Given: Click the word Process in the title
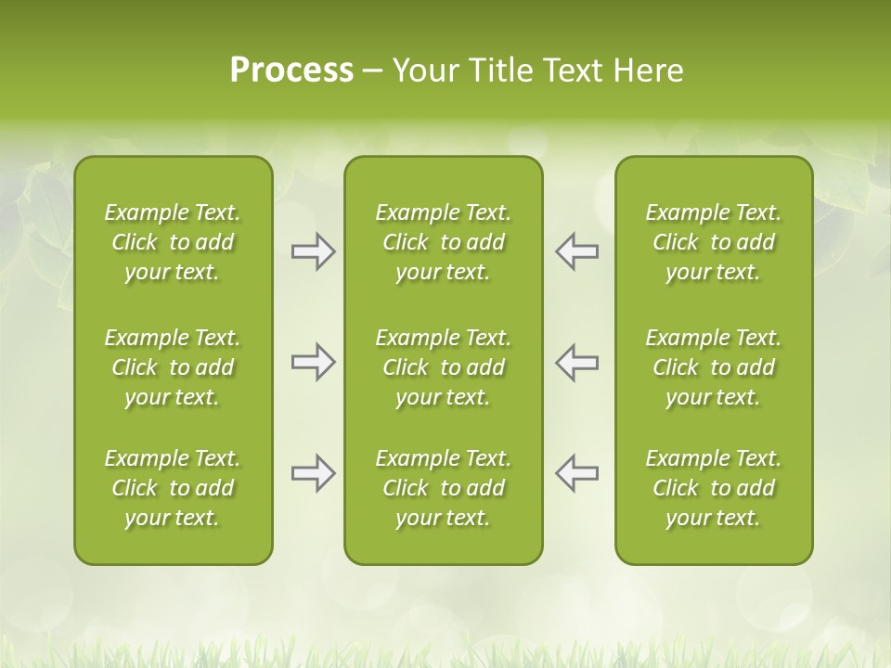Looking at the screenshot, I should click(x=291, y=71).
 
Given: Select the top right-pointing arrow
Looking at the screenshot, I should click(x=313, y=251).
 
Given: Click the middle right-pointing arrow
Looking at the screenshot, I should click(x=313, y=362).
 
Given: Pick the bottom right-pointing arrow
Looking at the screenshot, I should click(x=313, y=473).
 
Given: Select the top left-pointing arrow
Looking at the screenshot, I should click(x=576, y=251).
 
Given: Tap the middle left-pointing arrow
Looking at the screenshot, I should click(x=576, y=362).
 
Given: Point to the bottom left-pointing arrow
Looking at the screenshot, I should click(x=576, y=473).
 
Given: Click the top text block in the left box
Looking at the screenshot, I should click(x=173, y=242).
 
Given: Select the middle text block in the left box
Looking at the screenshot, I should click(x=173, y=367).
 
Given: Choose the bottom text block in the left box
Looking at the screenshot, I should click(x=173, y=488).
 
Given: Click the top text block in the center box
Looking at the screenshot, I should click(x=443, y=242).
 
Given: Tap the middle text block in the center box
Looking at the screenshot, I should click(x=443, y=367).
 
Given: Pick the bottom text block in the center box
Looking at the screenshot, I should click(x=443, y=488).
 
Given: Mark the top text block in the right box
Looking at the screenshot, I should click(x=714, y=242).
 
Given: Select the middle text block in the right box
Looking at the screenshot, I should click(x=714, y=367).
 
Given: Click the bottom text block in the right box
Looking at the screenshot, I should click(x=714, y=488).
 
